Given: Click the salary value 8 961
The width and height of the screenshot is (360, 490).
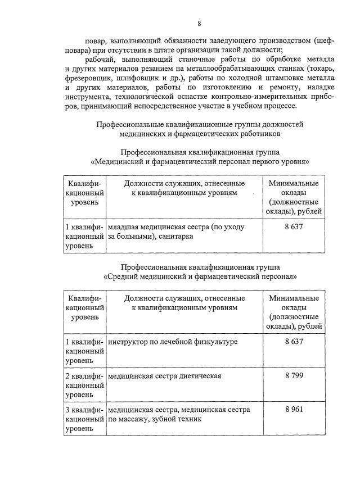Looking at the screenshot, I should click(294, 409).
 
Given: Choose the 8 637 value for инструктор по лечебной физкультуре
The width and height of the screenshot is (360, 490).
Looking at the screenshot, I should click(294, 342).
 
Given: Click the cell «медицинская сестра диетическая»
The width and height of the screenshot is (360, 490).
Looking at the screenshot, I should click(164, 376).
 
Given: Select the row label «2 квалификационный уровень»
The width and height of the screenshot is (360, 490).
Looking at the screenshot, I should click(84, 385).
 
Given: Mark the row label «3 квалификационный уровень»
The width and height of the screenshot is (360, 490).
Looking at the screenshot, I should click(84, 419).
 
